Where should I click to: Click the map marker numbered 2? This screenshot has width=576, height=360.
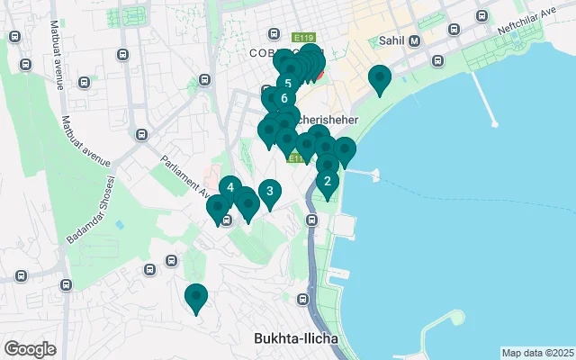click(x=327, y=180)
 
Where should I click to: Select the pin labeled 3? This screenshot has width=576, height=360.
click(x=269, y=190)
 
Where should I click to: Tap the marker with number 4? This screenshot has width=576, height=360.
click(x=230, y=187)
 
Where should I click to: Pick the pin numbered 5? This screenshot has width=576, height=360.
click(x=287, y=83)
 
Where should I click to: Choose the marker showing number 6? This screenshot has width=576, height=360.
click(x=283, y=98)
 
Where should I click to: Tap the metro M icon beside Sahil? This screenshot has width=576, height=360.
click(x=414, y=40)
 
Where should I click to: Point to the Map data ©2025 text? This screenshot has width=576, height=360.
click(x=537, y=353)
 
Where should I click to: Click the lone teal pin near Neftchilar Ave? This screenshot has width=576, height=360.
click(x=380, y=78)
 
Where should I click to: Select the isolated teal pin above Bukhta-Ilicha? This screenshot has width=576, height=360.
click(x=195, y=295)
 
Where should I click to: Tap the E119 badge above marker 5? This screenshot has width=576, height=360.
click(x=303, y=38)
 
